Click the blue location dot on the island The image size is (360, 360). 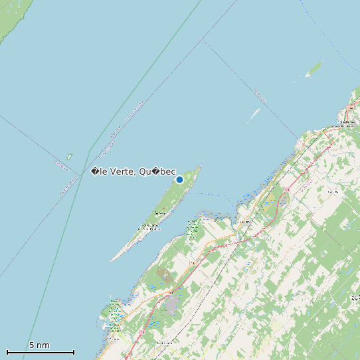click(x=179, y=179)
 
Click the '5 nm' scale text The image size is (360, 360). click(x=39, y=345)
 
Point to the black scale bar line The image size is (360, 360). click(x=40, y=352)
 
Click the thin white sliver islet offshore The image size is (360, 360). click(x=253, y=116)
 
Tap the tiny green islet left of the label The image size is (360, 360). click(x=69, y=157)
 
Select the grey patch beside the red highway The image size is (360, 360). click(x=172, y=305)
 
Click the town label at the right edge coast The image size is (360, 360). click(x=346, y=122)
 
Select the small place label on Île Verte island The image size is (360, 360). click(x=158, y=213)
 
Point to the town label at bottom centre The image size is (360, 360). click(x=163, y=342)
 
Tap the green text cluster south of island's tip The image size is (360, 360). click(x=193, y=229)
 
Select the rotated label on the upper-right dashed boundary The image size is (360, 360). click(x=260, y=96)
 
